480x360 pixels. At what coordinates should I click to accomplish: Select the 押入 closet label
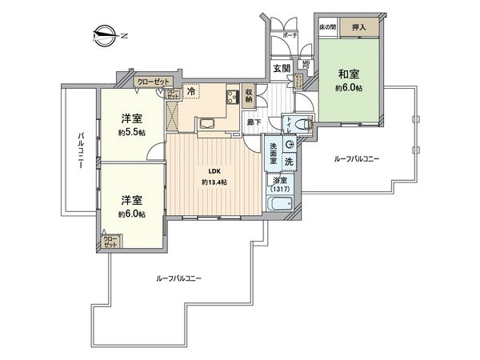click(358, 28)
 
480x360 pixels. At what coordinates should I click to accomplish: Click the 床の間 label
click(327, 28)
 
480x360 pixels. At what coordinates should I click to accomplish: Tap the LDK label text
click(214, 170)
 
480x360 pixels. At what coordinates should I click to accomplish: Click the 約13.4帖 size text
click(214, 182)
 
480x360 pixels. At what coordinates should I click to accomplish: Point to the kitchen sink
click(204, 123)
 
